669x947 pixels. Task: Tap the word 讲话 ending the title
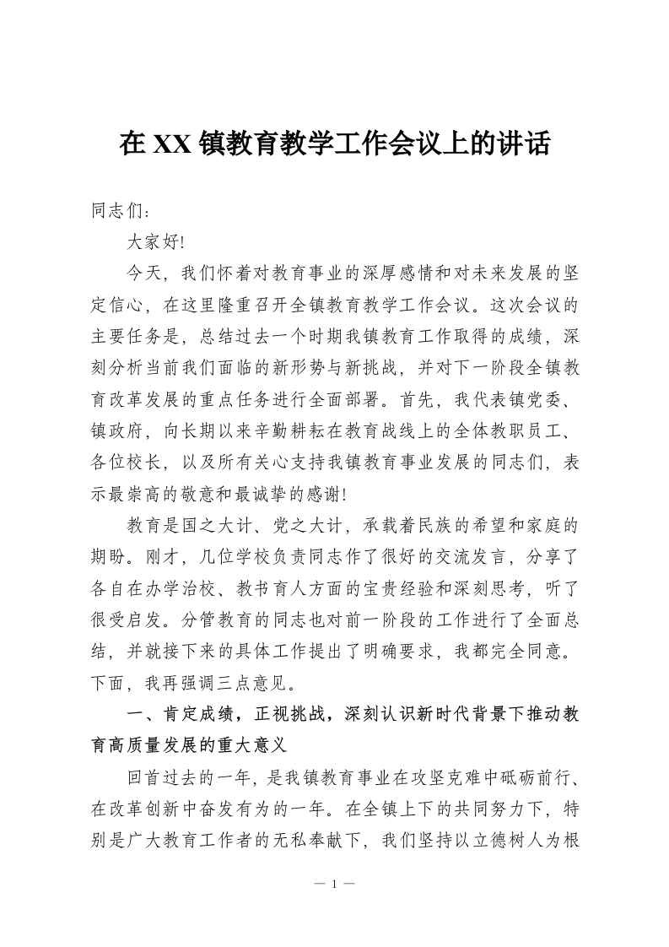pyautogui.click(x=526, y=145)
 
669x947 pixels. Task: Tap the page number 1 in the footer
pyautogui.click(x=335, y=885)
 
